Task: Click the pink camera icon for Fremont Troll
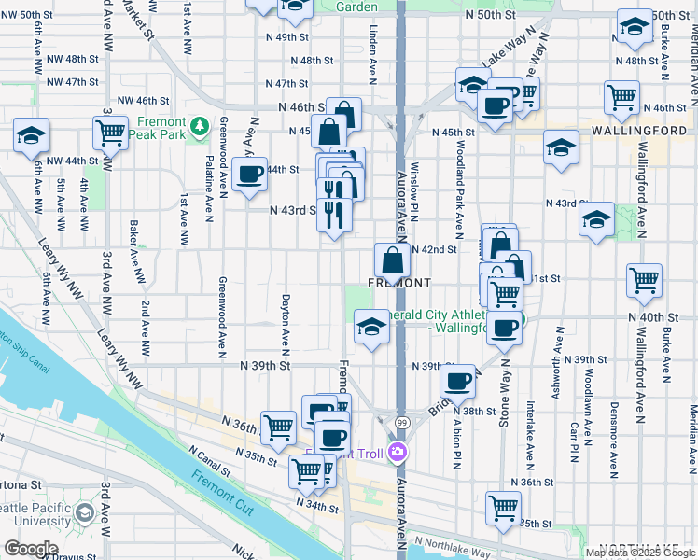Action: tap(398, 453)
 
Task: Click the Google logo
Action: tap(31, 549)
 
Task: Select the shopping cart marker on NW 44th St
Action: tap(111, 133)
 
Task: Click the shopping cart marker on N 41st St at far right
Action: tap(644, 279)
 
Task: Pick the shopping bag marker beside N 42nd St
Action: tap(392, 259)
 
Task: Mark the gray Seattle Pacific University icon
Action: tap(85, 512)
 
